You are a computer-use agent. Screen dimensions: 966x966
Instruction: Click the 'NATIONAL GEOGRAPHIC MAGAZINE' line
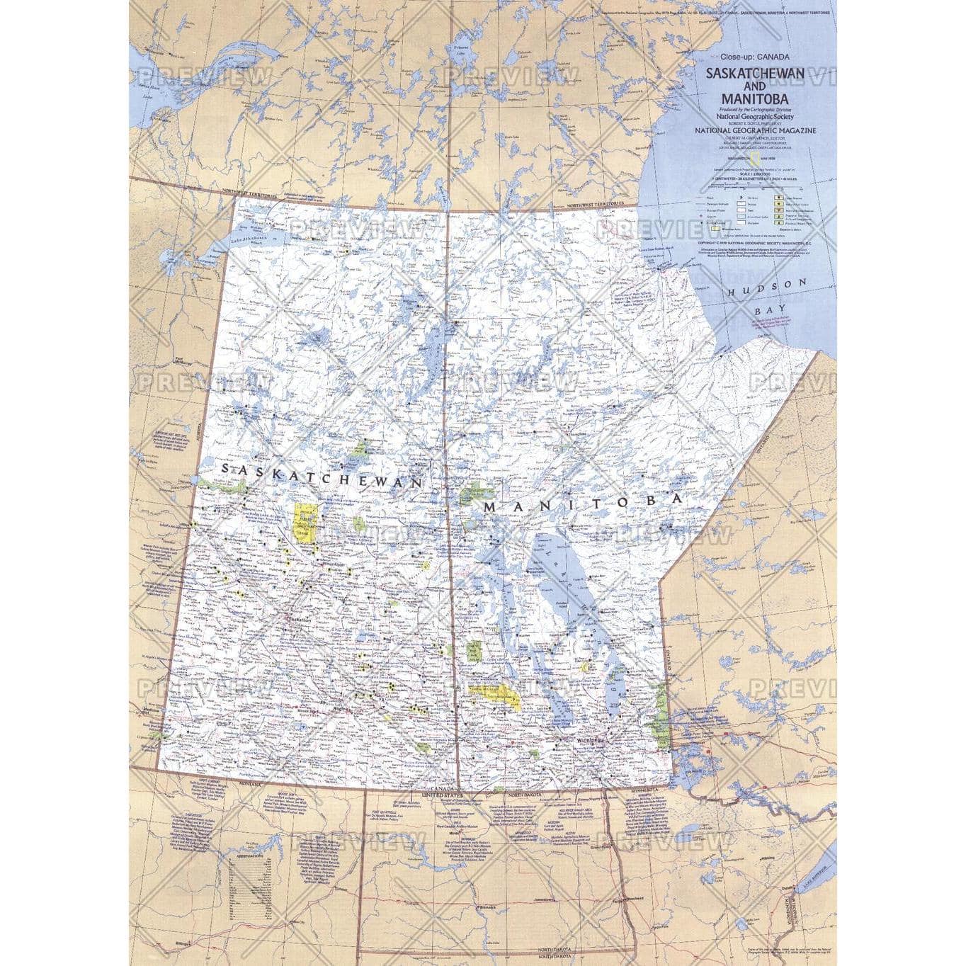click(755, 130)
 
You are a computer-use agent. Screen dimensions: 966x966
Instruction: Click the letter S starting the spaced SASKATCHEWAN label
click(226, 469)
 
